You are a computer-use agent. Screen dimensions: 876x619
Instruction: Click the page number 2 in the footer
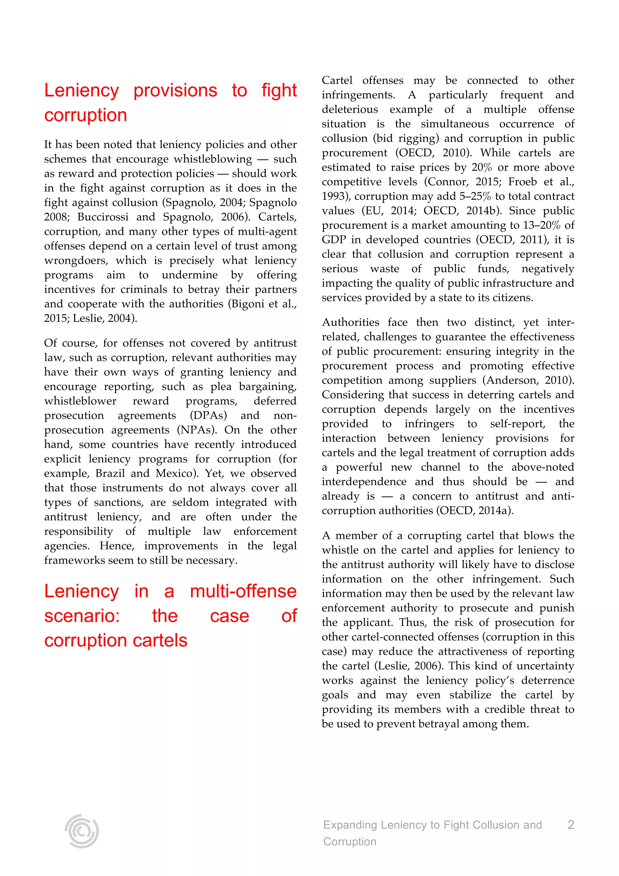coord(571,825)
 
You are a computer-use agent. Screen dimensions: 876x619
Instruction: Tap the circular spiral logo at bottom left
coord(82,831)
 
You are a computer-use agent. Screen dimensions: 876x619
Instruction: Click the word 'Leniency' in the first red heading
coord(82,91)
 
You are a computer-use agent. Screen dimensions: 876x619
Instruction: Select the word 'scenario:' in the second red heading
coord(82,616)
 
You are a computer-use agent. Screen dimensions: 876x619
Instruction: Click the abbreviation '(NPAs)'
coord(196,430)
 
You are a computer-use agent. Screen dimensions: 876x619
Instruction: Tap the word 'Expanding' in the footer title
coord(350,825)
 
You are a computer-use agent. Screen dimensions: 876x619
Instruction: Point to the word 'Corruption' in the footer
coord(350,842)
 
